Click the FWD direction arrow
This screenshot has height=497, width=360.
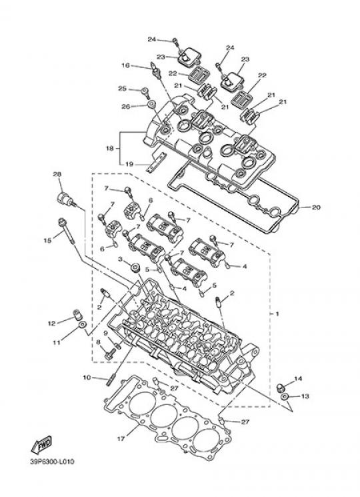[42, 445]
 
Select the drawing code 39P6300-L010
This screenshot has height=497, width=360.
[52, 462]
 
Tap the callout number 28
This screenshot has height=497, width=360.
[57, 174]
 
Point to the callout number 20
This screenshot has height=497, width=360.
[316, 207]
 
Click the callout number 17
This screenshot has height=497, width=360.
[121, 439]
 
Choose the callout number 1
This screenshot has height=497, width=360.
[277, 314]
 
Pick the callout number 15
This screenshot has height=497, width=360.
[47, 241]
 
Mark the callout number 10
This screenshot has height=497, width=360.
[87, 378]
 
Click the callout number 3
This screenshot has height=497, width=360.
[120, 260]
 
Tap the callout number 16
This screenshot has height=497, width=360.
[126, 65]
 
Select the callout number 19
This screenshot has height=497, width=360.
[129, 164]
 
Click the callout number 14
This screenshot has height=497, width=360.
[298, 378]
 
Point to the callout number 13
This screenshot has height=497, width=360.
[305, 396]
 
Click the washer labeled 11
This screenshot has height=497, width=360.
[83, 325]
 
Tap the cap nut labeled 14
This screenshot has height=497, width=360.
[280, 388]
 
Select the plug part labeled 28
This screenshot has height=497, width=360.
[65, 199]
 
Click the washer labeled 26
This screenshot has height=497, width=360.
[151, 103]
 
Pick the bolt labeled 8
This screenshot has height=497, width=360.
[109, 354]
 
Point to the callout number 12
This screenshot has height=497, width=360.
[51, 324]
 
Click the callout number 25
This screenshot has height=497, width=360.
[122, 89]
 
